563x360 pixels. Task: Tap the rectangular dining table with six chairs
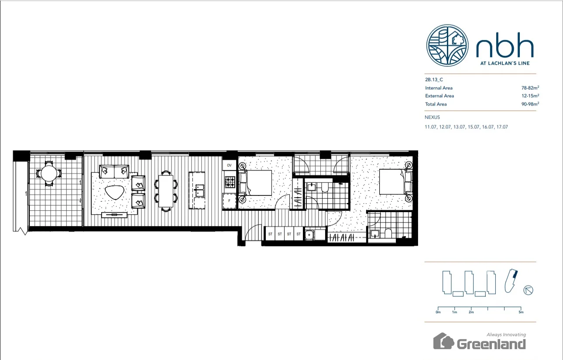pos(166,191)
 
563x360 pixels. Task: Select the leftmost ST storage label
pos(270,234)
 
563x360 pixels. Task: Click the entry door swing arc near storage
pos(253,233)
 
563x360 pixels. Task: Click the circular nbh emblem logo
pos(448,45)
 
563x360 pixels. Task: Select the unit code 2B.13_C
pos(435,80)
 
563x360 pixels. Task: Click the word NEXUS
pos(432,117)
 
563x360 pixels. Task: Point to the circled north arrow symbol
pos(528,290)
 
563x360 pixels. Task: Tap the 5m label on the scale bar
pos(521,312)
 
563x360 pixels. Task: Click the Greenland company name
pos(491,344)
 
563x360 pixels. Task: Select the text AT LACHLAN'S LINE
pos(505,63)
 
